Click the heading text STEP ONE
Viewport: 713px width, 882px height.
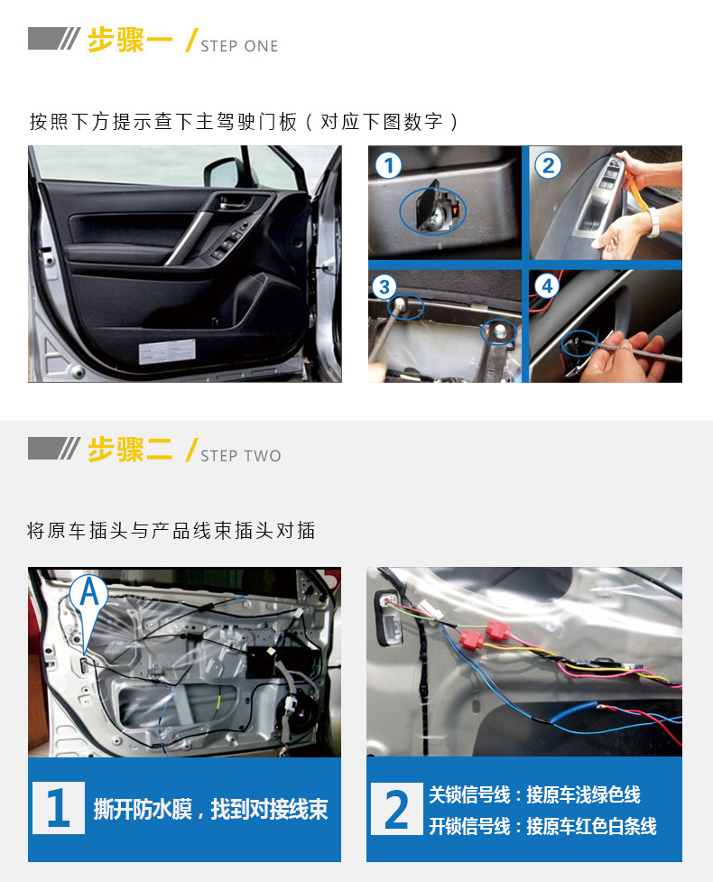[x=239, y=46]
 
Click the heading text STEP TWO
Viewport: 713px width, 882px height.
[x=241, y=456]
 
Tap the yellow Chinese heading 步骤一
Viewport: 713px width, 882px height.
[x=130, y=41]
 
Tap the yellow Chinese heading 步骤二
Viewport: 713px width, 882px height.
[x=130, y=450]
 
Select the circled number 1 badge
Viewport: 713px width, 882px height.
[x=388, y=165]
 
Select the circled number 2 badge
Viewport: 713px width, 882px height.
[x=548, y=165]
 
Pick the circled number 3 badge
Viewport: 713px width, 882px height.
[x=384, y=287]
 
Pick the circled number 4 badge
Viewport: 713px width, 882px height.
[x=547, y=286]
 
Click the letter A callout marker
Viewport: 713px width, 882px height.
[x=88, y=596]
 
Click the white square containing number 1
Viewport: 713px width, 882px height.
[x=59, y=808]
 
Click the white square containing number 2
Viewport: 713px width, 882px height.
[x=397, y=809]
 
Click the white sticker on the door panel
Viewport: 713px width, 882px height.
[x=167, y=351]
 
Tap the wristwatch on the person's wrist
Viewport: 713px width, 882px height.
[x=653, y=223]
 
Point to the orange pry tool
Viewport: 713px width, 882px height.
[x=635, y=191]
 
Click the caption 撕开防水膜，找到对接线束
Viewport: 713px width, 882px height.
[x=211, y=809]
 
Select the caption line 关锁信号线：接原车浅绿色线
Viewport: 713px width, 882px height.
[x=534, y=794]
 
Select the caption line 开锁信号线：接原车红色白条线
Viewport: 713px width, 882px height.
[x=542, y=826]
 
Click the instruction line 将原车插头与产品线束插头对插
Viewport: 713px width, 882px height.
[x=171, y=531]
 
